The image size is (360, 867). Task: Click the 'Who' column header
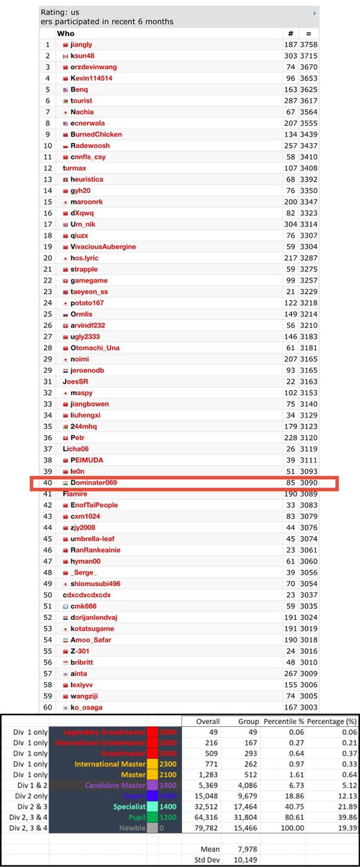coord(66,33)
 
